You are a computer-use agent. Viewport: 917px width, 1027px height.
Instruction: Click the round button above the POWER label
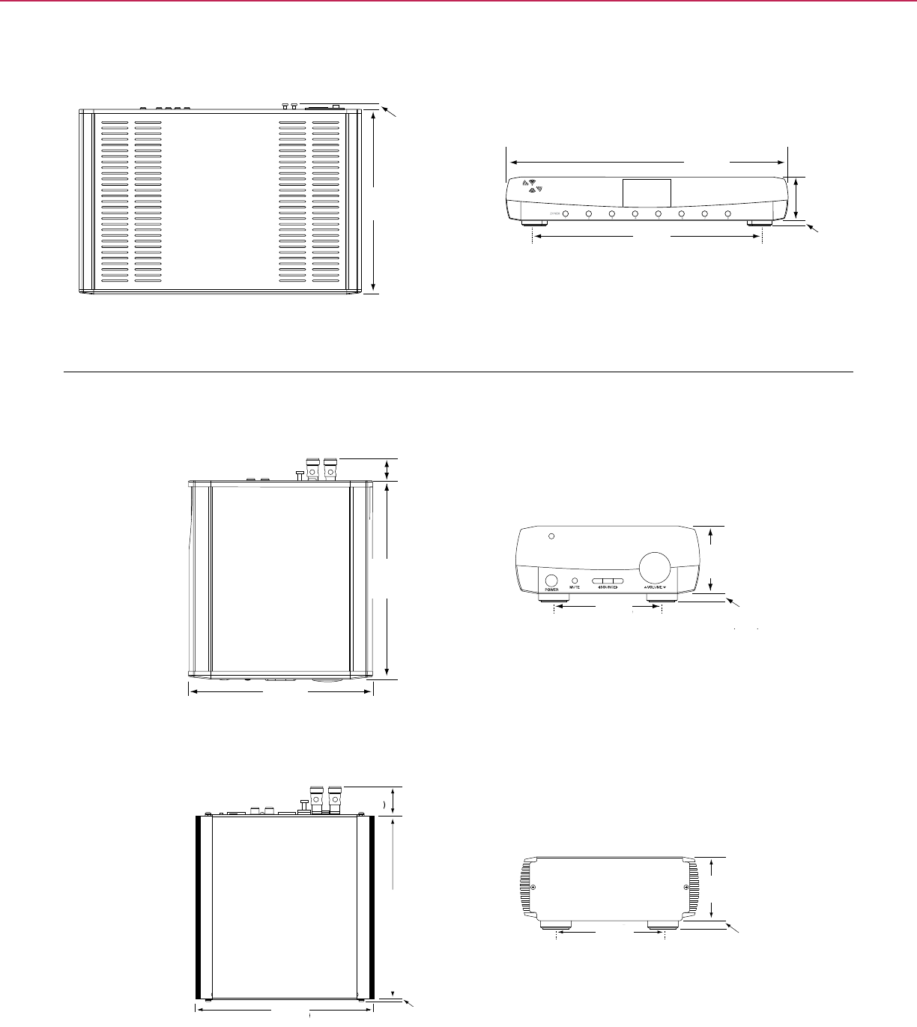552,581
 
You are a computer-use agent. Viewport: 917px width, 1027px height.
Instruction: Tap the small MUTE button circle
575,580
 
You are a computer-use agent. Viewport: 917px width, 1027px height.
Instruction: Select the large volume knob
654,567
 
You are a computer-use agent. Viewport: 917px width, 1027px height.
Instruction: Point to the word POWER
552,590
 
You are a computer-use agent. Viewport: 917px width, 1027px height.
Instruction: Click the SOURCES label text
608,588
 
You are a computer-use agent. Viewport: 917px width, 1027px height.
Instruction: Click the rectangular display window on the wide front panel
647,194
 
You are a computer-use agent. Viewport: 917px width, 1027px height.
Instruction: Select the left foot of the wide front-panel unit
533,222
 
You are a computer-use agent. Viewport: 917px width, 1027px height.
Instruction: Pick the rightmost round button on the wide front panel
728,215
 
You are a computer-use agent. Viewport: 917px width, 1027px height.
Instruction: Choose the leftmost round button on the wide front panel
565,215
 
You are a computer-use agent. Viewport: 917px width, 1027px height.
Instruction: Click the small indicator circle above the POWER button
551,536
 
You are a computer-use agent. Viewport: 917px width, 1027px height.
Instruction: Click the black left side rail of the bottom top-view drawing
200,907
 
